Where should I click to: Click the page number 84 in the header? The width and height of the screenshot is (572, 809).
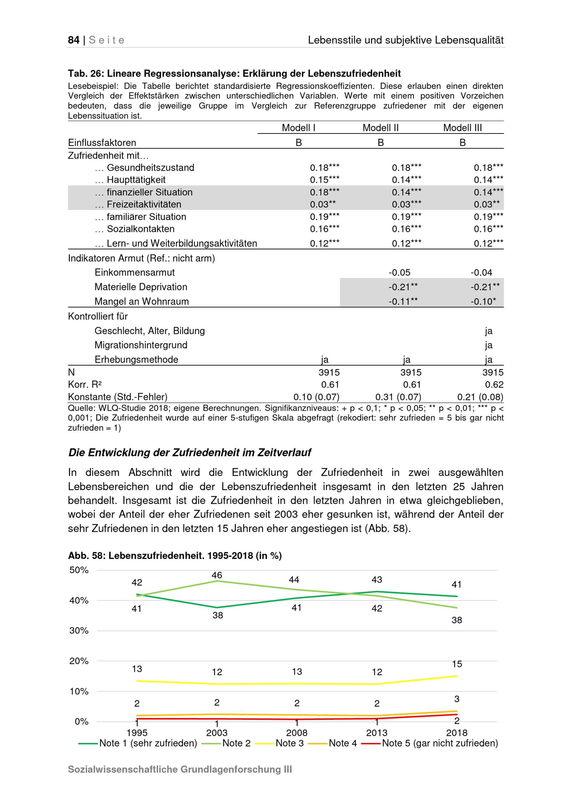coord(74,40)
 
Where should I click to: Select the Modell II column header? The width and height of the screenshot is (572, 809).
coord(380,128)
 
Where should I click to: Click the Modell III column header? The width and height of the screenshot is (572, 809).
coord(462,128)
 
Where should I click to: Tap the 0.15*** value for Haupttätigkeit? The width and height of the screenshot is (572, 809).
coord(324,180)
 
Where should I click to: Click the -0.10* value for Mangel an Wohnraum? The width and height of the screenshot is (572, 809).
coord(483,301)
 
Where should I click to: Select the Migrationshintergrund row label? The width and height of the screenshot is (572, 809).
coord(141,345)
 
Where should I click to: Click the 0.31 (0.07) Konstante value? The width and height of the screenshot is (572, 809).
coord(398,397)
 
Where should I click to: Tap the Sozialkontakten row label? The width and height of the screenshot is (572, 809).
coord(140,229)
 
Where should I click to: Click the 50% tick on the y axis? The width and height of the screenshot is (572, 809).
coord(79,570)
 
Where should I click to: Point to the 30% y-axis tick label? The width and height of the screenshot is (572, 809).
coord(79,630)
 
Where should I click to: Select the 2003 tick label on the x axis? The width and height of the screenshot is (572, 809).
coord(217,733)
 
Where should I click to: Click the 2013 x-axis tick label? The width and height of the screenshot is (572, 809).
coord(377,733)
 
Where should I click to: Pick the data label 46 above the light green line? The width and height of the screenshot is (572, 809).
coord(217,575)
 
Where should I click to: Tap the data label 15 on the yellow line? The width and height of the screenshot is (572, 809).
coord(457,664)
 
